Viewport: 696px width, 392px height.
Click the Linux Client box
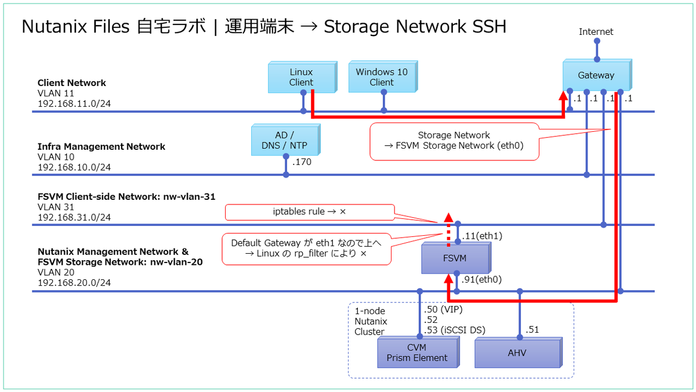click(302, 78)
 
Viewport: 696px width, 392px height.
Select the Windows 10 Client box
click(382, 78)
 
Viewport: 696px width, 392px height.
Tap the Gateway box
click(596, 75)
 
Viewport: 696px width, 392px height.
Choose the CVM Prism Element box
click(417, 353)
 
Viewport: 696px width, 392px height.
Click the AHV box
click(517, 353)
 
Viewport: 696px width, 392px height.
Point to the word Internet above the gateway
click(596, 32)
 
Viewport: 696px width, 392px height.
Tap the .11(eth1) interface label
click(481, 236)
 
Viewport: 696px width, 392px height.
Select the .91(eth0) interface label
click(481, 279)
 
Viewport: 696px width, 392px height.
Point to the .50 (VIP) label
click(444, 310)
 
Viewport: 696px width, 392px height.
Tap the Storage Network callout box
click(454, 141)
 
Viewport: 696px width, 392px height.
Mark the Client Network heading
click(72, 83)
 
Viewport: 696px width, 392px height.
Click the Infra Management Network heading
click(101, 146)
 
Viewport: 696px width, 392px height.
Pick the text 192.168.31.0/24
click(74, 218)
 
